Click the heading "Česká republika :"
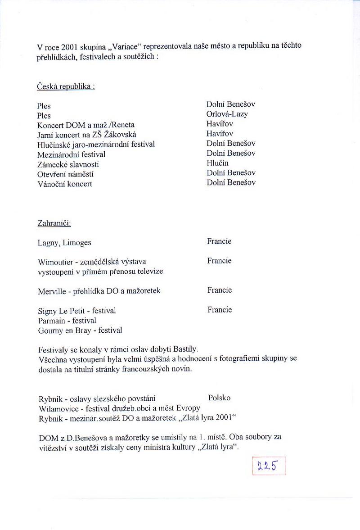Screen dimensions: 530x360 (66, 86)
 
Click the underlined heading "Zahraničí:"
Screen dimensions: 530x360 (54, 223)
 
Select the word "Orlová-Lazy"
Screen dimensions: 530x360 (227, 114)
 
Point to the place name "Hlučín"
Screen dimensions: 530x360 (217, 163)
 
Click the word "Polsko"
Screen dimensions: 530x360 (220, 398)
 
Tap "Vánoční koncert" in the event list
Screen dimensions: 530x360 (65, 184)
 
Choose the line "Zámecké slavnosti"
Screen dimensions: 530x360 (68, 164)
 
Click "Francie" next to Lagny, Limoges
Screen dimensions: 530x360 (219, 241)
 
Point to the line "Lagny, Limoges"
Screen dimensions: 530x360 (64, 243)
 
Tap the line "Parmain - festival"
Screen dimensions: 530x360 (67, 320)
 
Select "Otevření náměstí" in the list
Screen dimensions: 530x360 (66, 174)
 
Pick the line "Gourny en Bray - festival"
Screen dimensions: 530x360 (80, 330)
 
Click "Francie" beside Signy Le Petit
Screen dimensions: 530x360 (219, 309)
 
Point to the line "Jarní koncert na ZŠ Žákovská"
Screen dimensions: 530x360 (87, 135)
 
